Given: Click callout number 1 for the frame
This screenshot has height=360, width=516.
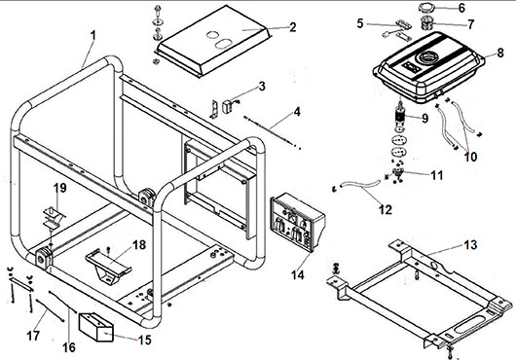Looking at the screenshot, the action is click(x=93, y=36).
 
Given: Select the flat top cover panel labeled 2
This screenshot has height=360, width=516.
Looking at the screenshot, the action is click(x=212, y=41).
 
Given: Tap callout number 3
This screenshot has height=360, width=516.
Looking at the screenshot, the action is click(x=262, y=87).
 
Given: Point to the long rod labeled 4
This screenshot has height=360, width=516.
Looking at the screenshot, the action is click(x=272, y=132).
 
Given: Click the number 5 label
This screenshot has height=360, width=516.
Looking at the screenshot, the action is click(x=360, y=23).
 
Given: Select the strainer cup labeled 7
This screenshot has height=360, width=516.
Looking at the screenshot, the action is click(x=427, y=22).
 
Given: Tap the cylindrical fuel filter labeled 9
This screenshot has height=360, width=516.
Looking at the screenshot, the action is click(x=400, y=116).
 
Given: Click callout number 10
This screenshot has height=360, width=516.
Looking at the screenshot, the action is click(x=470, y=157).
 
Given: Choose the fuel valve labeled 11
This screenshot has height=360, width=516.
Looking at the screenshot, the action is click(x=397, y=172).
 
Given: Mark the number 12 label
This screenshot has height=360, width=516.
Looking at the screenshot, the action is click(x=386, y=209).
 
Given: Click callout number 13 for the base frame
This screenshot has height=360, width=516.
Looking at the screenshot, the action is click(x=470, y=245).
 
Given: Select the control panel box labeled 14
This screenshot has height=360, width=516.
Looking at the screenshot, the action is click(x=298, y=222).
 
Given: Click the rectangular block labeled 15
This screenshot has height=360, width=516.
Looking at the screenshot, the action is click(x=96, y=327).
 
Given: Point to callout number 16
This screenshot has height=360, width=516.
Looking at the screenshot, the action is click(x=69, y=347).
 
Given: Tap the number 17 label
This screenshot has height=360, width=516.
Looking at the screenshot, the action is click(x=33, y=336).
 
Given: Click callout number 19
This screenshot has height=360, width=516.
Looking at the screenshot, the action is click(x=60, y=188).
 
